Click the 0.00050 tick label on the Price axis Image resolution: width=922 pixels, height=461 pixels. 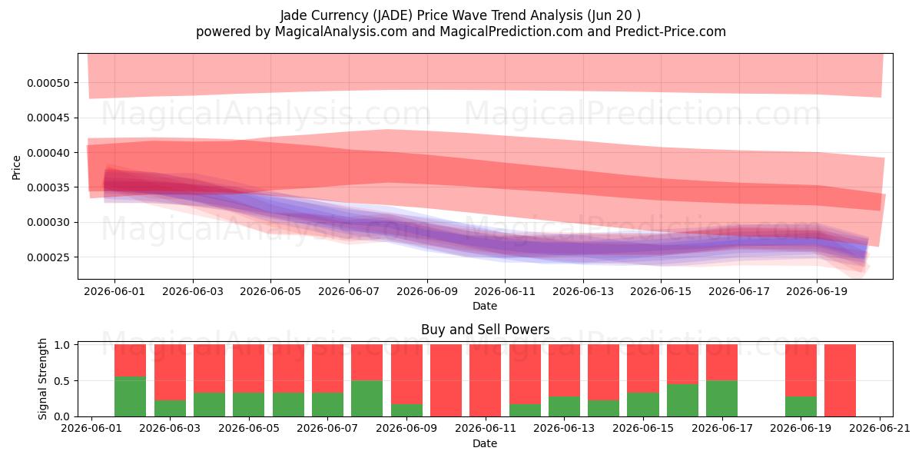(x=48, y=83)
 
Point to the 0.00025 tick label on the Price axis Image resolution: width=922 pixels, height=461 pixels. (x=48, y=257)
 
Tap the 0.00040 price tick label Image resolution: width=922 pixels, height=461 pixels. (x=48, y=153)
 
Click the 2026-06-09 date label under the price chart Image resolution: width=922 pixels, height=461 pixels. (x=427, y=291)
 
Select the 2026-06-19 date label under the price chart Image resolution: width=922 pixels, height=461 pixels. (x=817, y=291)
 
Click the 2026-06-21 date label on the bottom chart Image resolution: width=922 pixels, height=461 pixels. (x=880, y=429)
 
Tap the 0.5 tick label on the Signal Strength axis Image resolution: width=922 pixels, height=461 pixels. (x=61, y=381)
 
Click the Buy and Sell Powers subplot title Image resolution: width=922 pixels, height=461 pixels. (x=485, y=330)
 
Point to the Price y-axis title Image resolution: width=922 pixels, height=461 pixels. (x=16, y=167)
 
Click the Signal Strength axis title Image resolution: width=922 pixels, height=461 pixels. (x=42, y=379)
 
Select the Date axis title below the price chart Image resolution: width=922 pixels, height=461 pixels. (x=485, y=306)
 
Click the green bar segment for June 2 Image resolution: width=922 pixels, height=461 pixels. (x=130, y=396)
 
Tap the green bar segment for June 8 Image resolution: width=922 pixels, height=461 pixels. (x=366, y=399)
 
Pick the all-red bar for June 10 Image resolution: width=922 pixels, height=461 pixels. (x=446, y=380)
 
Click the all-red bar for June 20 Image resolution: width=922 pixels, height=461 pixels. (x=840, y=380)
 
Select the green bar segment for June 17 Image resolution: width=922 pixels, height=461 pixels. (x=722, y=399)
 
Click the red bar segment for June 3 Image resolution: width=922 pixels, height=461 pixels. (x=170, y=373)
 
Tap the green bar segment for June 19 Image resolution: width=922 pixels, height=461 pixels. (x=801, y=406)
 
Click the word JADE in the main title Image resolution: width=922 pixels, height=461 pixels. (x=393, y=15)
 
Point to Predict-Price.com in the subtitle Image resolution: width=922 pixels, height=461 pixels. (x=671, y=32)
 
